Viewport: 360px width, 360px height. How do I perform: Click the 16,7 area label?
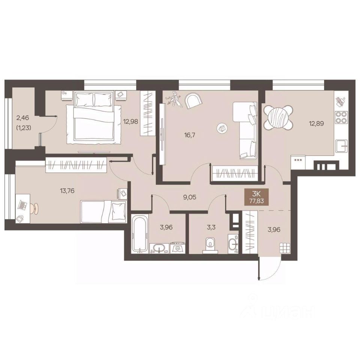[190, 135]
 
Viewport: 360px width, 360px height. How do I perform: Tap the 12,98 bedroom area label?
[130, 121]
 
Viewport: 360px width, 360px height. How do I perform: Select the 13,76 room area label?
[67, 190]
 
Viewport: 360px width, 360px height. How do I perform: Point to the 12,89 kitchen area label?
[316, 123]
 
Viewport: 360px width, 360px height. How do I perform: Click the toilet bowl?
[210, 245]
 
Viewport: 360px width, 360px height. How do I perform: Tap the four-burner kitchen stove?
[341, 117]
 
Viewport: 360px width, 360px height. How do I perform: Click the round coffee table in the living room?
[222, 128]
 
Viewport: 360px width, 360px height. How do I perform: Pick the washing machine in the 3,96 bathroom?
[177, 248]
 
